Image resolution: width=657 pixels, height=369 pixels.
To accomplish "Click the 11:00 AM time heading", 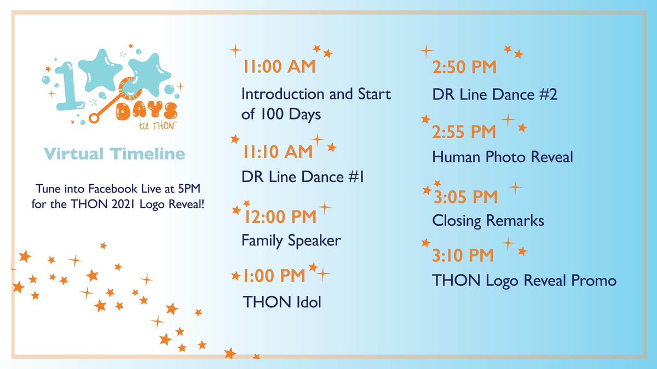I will click(279, 67).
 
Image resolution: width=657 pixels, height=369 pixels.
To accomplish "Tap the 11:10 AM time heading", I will click(278, 152).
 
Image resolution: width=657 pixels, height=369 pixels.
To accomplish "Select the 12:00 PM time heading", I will click(280, 216).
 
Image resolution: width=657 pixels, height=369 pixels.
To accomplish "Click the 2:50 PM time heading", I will click(464, 68).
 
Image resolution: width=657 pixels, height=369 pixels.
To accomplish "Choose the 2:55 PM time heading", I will click(464, 132).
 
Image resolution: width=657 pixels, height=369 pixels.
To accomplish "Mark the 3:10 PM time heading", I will click(463, 255).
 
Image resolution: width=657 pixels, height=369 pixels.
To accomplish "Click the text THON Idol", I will click(282, 301).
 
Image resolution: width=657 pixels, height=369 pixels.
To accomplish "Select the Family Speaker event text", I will click(291, 241).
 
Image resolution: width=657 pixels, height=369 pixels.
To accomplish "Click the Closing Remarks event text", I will click(488, 220).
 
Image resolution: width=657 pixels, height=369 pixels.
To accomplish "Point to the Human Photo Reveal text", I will click(502, 157).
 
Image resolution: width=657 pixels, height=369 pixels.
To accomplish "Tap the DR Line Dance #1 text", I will click(303, 177).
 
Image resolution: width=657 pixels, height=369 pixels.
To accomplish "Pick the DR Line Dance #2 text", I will click(494, 95).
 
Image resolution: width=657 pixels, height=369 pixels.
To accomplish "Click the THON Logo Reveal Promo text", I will click(524, 280).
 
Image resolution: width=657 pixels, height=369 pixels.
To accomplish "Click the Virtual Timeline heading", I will click(114, 154).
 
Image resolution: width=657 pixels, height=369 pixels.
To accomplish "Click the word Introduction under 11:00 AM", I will click(283, 94).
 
